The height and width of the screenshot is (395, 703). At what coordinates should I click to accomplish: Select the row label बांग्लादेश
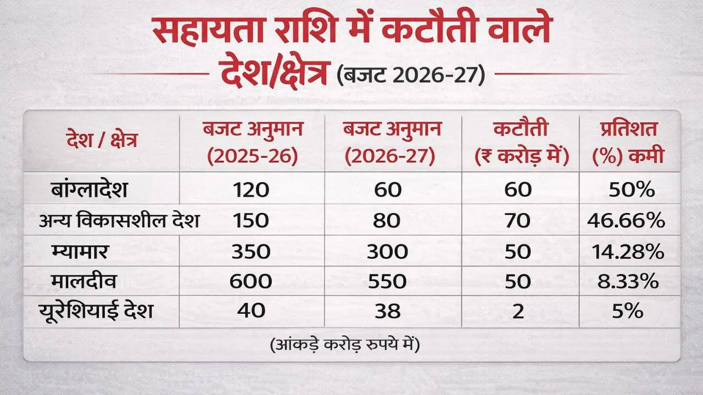pos(88,190)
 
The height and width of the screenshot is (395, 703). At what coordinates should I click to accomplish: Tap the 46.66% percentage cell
pos(626,221)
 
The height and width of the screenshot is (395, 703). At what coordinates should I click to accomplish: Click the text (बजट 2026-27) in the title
pos(411,75)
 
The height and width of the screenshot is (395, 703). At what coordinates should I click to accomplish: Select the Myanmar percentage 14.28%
pos(628,251)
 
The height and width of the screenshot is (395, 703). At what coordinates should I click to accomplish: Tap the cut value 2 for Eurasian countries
pos(517,311)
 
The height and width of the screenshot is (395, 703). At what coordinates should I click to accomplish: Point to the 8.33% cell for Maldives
pos(628,281)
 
